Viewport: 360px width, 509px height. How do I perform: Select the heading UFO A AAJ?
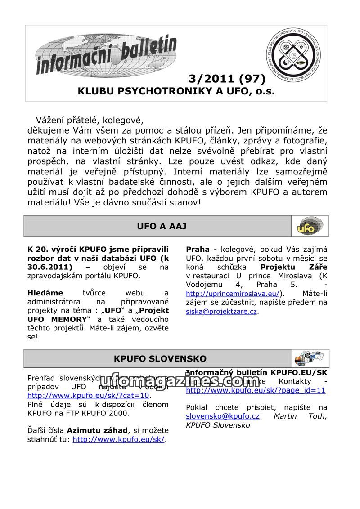click(162, 226)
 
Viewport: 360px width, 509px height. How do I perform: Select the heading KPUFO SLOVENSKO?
click(160, 359)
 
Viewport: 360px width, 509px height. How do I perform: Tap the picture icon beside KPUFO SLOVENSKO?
click(309, 358)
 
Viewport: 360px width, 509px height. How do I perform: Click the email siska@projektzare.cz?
click(221, 311)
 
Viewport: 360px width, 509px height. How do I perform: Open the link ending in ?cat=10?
click(88, 396)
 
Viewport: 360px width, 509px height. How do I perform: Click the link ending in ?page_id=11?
click(255, 390)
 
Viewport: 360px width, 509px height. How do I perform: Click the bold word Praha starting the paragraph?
click(198, 250)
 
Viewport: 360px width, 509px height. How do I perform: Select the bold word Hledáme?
click(45, 293)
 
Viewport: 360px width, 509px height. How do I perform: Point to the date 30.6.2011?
click(49, 267)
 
